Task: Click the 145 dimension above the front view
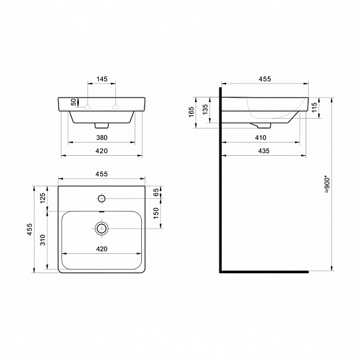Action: pyautogui.click(x=101, y=79)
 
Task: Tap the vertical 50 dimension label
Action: pyautogui.click(x=74, y=102)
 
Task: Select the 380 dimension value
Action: pyautogui.click(x=101, y=138)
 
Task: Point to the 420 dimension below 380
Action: pyautogui.click(x=101, y=151)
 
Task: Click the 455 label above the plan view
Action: pyautogui.click(x=101, y=174)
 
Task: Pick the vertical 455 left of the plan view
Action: pyautogui.click(x=30, y=229)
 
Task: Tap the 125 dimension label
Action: pyautogui.click(x=43, y=198)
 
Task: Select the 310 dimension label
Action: pyautogui.click(x=43, y=240)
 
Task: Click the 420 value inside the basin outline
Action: pyautogui.click(x=101, y=249)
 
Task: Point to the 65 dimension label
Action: pyautogui.click(x=156, y=192)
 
